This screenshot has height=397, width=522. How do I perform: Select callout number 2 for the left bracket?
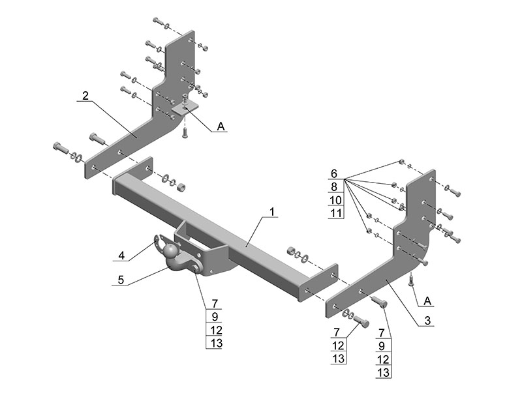[85, 96]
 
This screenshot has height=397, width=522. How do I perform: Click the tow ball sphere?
[170, 251]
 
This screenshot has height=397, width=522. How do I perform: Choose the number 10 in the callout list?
[335, 200]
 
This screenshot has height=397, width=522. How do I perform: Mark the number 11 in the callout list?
[335, 213]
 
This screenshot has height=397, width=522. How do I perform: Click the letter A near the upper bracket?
[221, 127]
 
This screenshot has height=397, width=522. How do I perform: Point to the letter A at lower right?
[427, 301]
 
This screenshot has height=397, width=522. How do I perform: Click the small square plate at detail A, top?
[184, 108]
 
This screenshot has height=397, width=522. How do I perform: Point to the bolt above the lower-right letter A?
[411, 280]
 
